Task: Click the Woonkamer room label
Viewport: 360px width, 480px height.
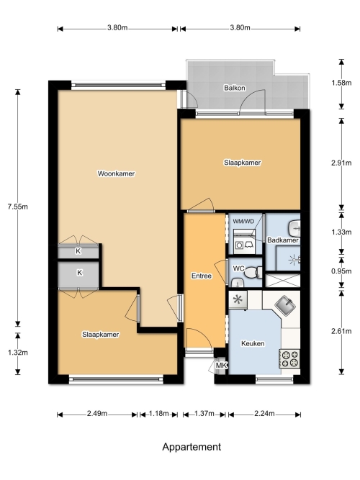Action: (116, 173)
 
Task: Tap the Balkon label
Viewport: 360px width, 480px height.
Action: (235, 88)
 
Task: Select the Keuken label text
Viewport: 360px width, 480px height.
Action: (253, 343)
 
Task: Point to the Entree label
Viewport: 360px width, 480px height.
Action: (202, 276)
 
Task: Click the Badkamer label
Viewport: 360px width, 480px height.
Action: (283, 240)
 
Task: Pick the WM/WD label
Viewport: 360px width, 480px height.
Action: (243, 222)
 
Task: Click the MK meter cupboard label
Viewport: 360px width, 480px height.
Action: (222, 365)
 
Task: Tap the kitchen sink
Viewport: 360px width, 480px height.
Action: (286, 304)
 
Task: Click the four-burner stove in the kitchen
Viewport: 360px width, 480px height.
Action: (289, 359)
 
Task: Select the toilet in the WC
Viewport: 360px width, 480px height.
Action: (253, 272)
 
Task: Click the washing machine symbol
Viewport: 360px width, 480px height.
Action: (244, 245)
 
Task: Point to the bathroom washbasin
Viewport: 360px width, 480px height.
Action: (294, 228)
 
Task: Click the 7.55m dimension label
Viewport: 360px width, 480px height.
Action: (18, 207)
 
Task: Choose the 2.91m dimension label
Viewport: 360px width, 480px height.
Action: (341, 163)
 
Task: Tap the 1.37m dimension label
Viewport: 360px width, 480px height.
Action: (204, 414)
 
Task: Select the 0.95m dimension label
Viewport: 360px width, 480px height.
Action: (341, 271)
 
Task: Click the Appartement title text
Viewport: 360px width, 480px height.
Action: (192, 447)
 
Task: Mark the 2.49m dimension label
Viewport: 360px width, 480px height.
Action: (97, 414)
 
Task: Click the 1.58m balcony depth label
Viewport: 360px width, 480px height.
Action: (341, 83)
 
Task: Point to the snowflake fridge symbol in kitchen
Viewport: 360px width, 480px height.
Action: (238, 299)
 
